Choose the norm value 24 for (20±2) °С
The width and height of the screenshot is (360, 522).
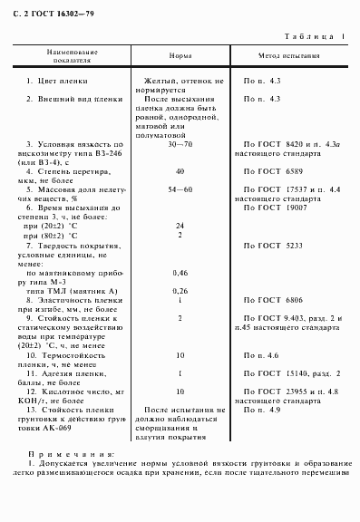180,225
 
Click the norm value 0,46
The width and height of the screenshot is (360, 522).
180,272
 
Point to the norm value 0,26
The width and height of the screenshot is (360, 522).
180,290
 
